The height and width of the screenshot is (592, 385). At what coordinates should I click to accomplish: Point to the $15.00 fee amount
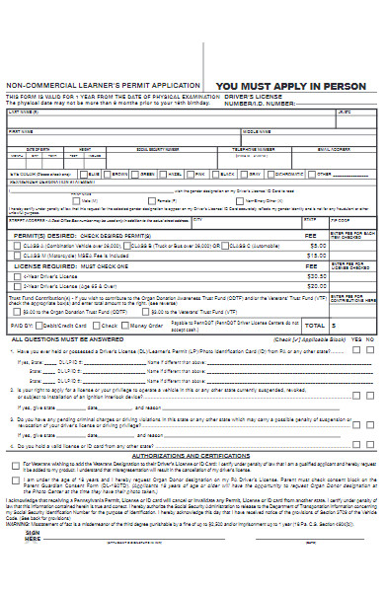316,255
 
